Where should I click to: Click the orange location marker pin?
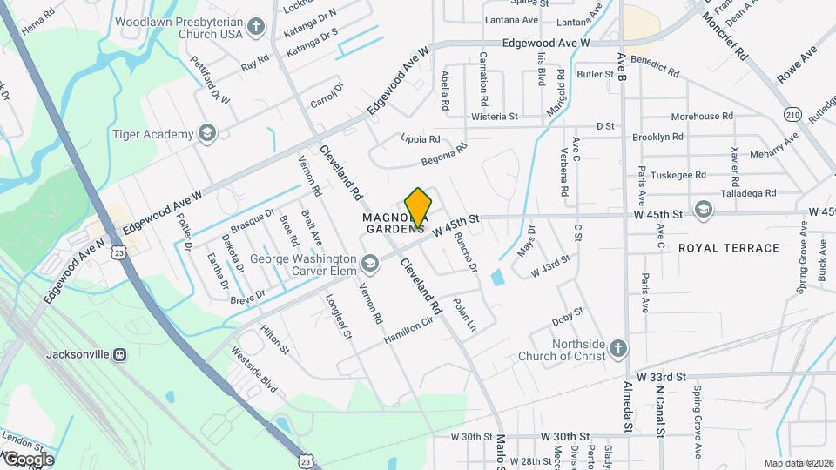(x=418, y=207)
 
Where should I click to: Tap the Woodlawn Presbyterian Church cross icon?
(x=256, y=27)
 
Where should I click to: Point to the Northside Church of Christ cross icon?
(x=617, y=348)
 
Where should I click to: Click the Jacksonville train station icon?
(x=120, y=354)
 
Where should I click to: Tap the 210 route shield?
(x=792, y=114)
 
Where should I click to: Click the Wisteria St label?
(x=494, y=116)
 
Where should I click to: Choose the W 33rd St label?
(x=662, y=377)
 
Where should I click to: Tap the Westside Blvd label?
(x=253, y=370)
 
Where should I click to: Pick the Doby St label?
(x=568, y=317)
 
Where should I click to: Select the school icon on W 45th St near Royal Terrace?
(x=703, y=210)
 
